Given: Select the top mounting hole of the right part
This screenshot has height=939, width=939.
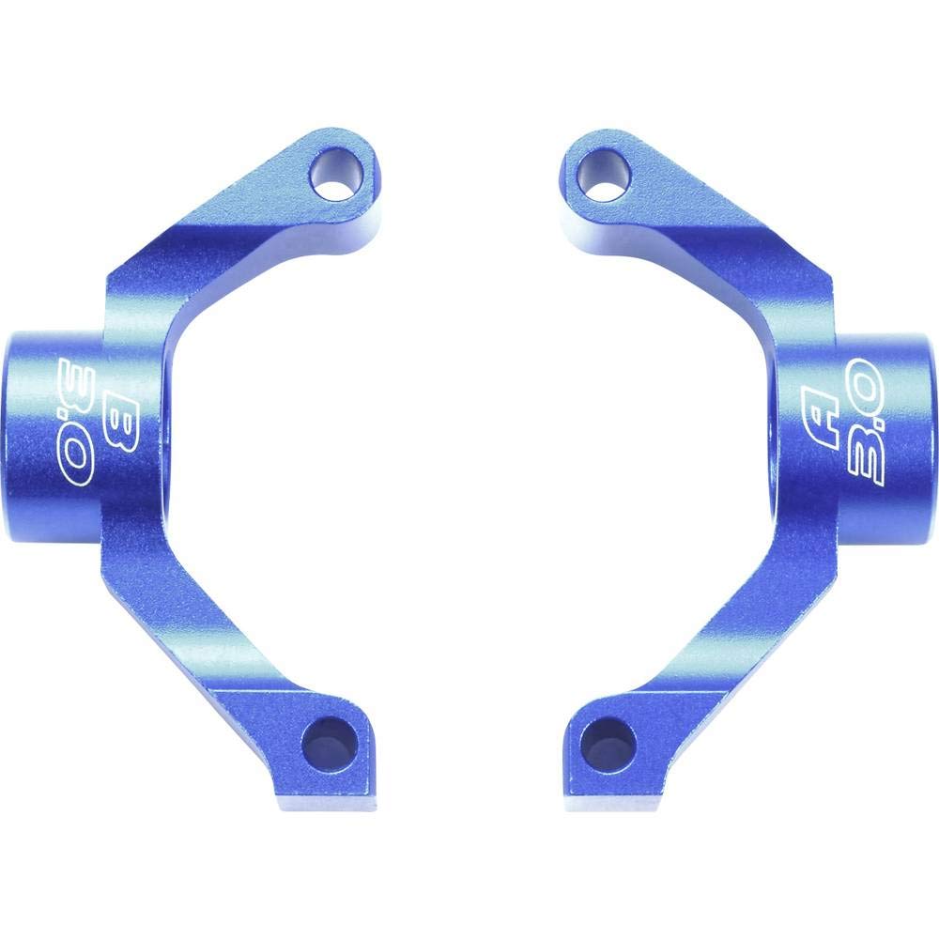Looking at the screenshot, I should [606, 178].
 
